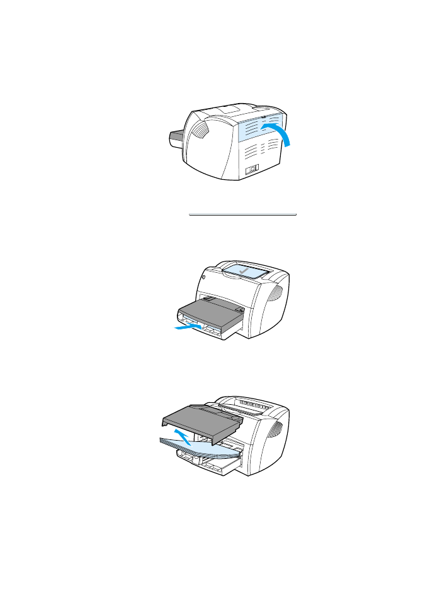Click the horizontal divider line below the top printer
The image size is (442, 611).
242,215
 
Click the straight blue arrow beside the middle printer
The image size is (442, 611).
188,327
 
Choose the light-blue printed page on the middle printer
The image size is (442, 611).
246,271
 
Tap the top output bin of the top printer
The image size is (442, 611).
237,109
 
